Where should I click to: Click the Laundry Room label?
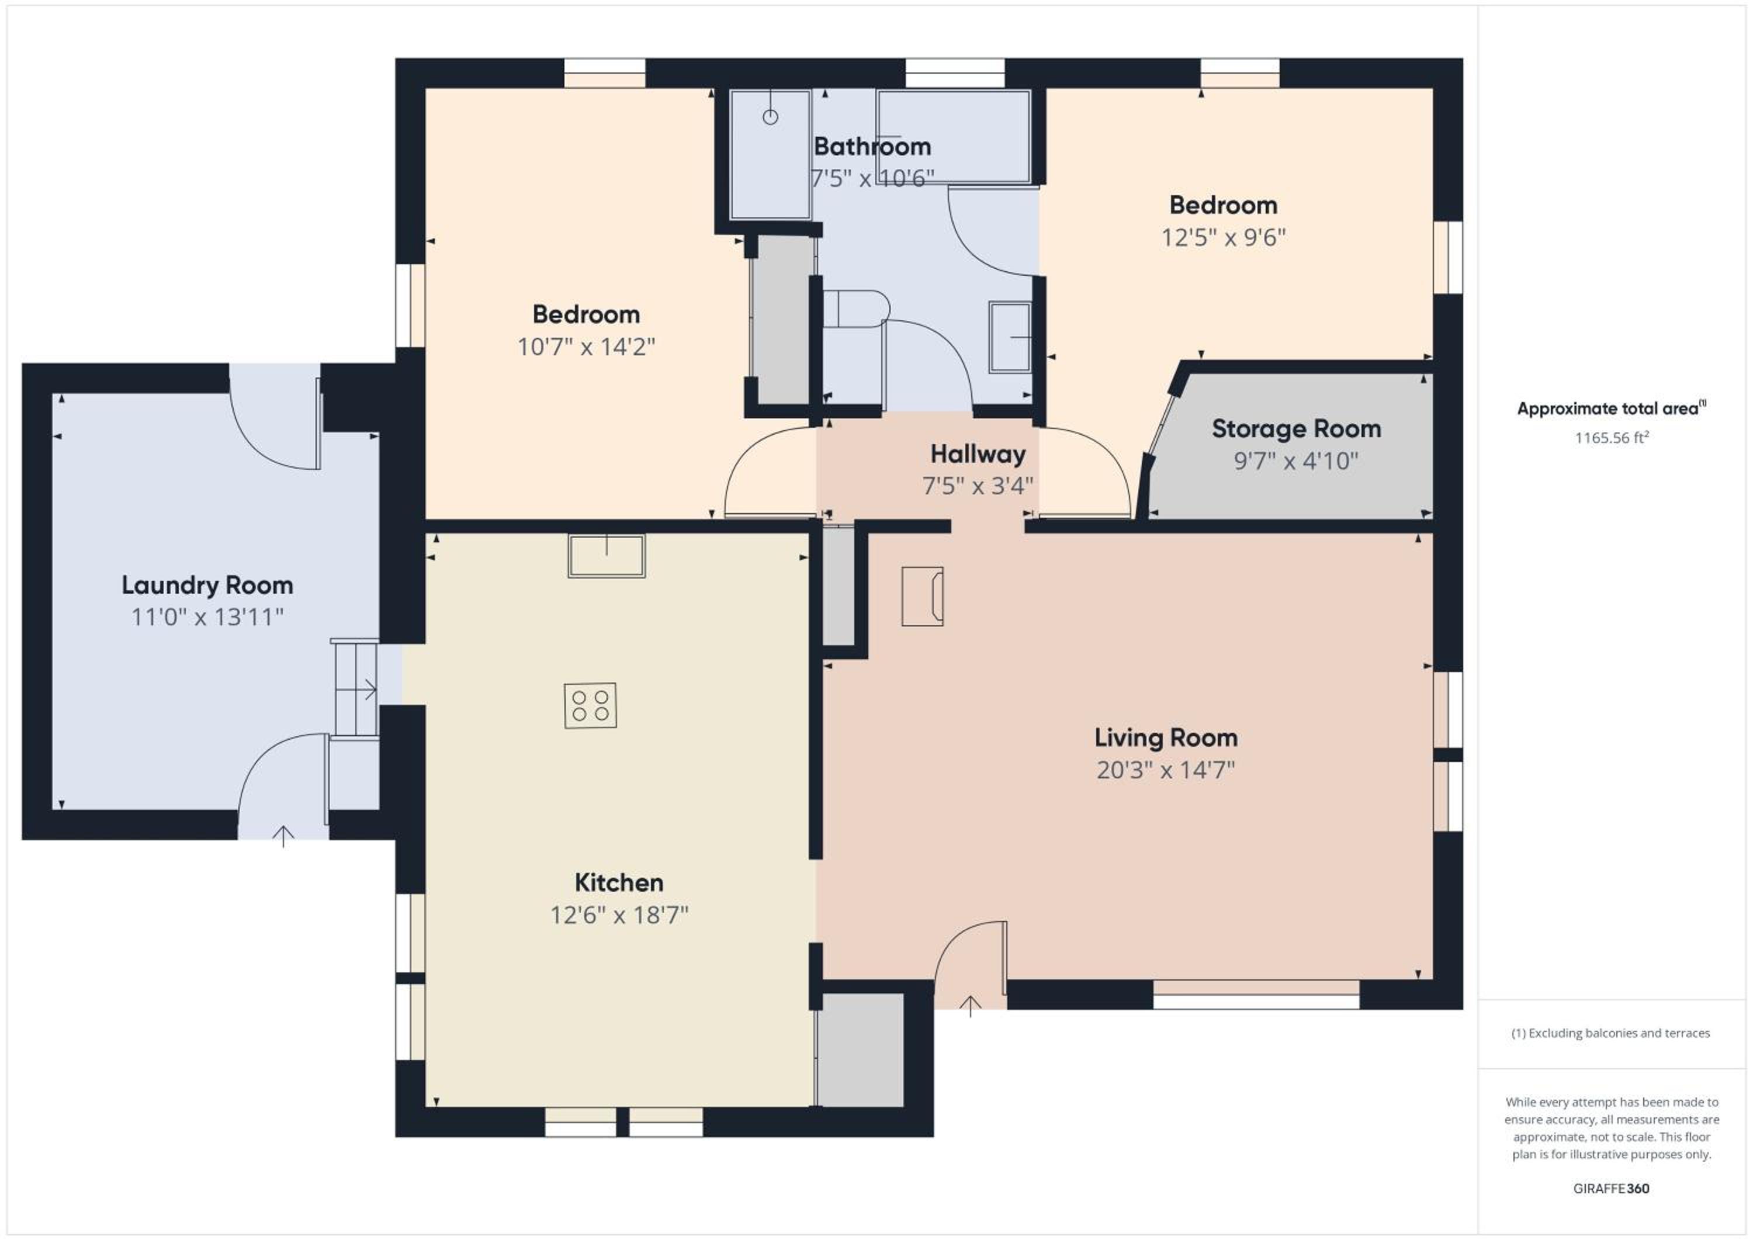pos(207,585)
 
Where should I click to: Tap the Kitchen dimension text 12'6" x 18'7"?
pos(619,915)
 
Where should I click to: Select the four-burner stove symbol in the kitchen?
pos(590,705)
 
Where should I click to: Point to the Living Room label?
pos(1166,737)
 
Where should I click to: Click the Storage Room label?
pos(1297,429)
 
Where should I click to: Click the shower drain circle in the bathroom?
pos(770,117)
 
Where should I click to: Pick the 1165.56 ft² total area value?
pos(1612,438)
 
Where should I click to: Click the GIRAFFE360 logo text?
pos(1611,1188)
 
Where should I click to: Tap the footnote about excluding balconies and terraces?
pos(1610,1033)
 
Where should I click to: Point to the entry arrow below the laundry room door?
pos(283,837)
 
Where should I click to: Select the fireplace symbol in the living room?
pos(922,596)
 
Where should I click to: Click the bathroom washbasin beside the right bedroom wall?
pos(1010,337)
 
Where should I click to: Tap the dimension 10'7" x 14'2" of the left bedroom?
pos(586,347)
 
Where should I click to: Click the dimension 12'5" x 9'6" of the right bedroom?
pos(1223,237)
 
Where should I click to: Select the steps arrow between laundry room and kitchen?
pos(359,690)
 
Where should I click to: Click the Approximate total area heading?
pos(1611,408)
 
